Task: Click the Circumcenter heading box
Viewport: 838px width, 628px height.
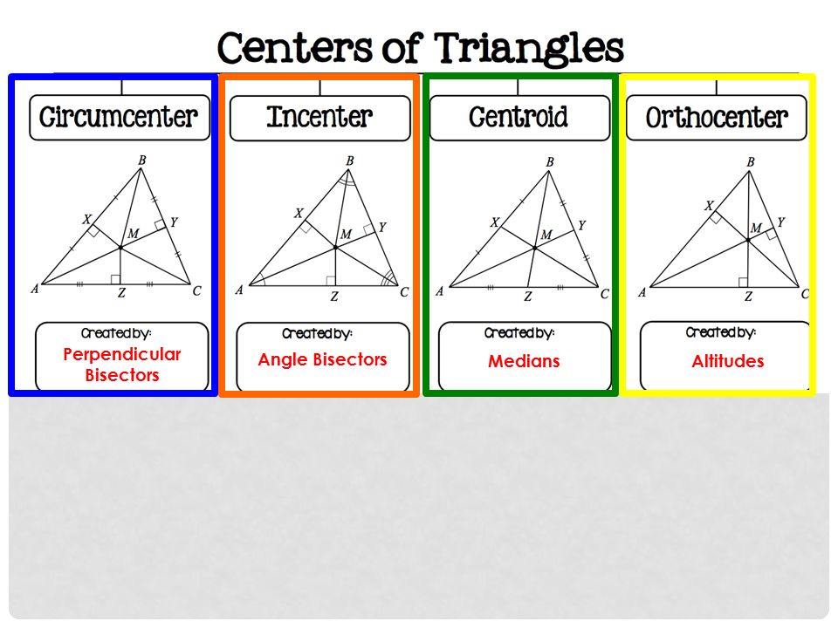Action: pyautogui.click(x=120, y=117)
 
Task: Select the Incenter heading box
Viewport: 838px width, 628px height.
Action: pyautogui.click(x=319, y=117)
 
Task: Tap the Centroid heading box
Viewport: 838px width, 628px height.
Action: pyautogui.click(x=519, y=117)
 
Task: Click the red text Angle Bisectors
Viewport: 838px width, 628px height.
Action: pyautogui.click(x=322, y=359)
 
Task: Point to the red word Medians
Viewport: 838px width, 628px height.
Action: pyautogui.click(x=524, y=361)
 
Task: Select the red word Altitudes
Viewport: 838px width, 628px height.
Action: pyautogui.click(x=727, y=361)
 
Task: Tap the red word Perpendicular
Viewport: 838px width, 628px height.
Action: pyautogui.click(x=122, y=354)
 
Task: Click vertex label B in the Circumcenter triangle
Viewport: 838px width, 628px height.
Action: pyautogui.click(x=142, y=160)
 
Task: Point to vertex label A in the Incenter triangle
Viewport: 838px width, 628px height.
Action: pyautogui.click(x=238, y=290)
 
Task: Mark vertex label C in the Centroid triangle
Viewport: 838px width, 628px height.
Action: pyautogui.click(x=604, y=295)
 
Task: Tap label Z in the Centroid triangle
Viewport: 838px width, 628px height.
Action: pyautogui.click(x=528, y=297)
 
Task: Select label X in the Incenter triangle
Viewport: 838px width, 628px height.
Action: pyautogui.click(x=299, y=213)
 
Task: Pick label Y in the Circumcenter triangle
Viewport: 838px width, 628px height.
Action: pyautogui.click(x=174, y=222)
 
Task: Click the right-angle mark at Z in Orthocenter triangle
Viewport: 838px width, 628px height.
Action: pyautogui.click(x=743, y=281)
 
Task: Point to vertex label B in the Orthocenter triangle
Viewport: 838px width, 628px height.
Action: pyautogui.click(x=751, y=162)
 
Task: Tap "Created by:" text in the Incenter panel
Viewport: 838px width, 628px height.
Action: pyautogui.click(x=317, y=333)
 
